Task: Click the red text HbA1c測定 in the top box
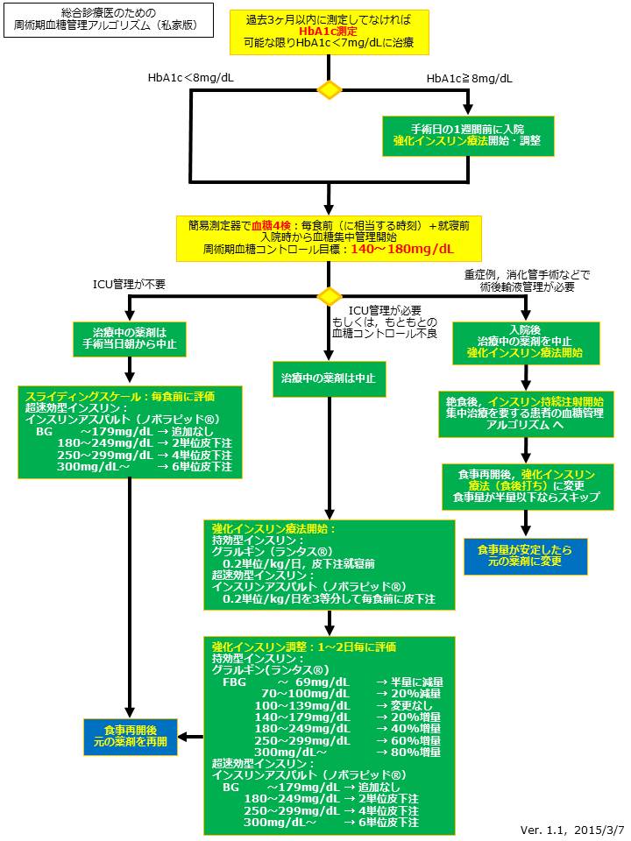click(329, 30)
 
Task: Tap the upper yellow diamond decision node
click(329, 89)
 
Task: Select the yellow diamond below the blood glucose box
click(329, 296)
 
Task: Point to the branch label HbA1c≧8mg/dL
click(470, 78)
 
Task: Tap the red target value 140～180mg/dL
click(402, 249)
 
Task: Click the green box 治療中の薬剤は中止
click(329, 378)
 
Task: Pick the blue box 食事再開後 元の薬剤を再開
click(131, 736)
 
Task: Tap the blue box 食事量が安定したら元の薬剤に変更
click(525, 555)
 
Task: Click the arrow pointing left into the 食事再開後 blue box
click(191, 736)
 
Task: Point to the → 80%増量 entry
click(409, 752)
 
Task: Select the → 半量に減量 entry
click(409, 682)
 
